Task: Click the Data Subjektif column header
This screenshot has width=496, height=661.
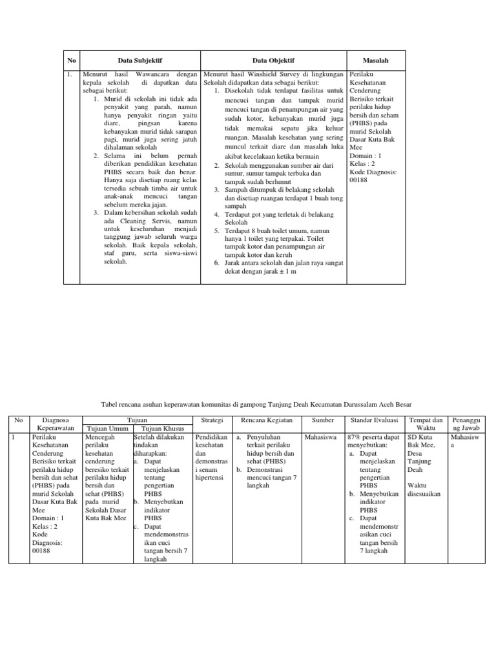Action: click(x=138, y=60)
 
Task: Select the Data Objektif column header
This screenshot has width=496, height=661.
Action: click(x=273, y=60)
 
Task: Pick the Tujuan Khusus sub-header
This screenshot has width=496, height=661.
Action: click(x=162, y=429)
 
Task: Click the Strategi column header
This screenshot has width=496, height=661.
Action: click(x=212, y=420)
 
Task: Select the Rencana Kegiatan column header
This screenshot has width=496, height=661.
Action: click(x=266, y=420)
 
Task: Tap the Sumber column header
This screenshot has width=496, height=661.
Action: click(x=323, y=420)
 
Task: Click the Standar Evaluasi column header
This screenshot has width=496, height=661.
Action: click(x=373, y=420)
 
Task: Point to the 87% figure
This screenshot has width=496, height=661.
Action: click(x=353, y=438)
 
